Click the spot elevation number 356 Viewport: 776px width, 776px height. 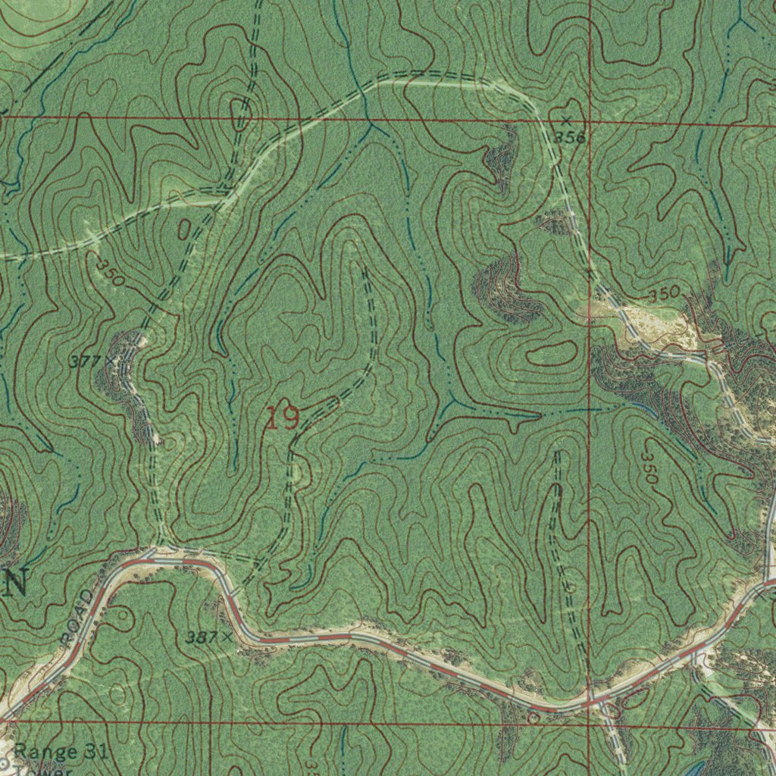(571, 136)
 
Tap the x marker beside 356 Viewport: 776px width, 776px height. (566, 120)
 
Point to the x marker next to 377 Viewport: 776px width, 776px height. (110, 360)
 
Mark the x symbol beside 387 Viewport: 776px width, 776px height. (227, 637)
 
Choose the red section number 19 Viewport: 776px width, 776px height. (282, 418)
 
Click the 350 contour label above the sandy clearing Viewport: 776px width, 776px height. (667, 293)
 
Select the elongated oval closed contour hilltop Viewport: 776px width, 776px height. (550, 353)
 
